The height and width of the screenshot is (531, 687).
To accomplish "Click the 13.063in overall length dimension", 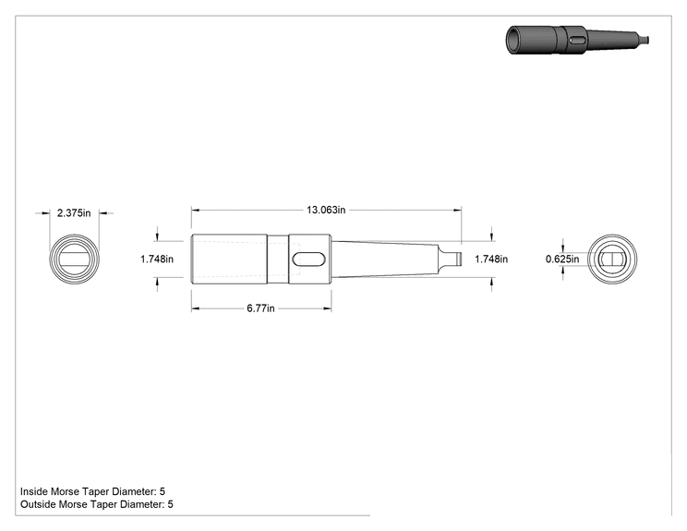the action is (x=326, y=210).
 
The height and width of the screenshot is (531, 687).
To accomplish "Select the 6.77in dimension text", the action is (x=260, y=308).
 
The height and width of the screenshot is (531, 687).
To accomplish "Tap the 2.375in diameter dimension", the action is (x=74, y=213).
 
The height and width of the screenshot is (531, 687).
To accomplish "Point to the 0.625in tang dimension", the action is (x=562, y=259).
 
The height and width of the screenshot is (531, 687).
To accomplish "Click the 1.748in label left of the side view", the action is (x=157, y=259).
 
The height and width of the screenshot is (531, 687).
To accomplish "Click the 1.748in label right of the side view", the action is (x=491, y=259).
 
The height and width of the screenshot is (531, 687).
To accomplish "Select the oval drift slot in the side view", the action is (x=309, y=259).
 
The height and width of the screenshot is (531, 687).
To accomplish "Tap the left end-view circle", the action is (x=74, y=235).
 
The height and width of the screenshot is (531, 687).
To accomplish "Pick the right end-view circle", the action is (x=612, y=235).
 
